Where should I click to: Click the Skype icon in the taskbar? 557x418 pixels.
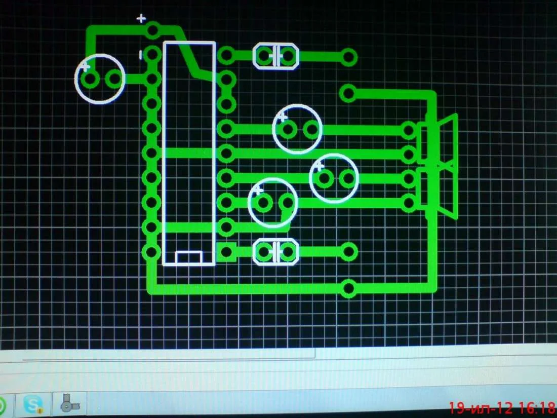pos(34,404)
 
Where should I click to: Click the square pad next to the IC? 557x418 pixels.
pos(226,252)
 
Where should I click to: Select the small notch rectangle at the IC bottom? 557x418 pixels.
pos(189,257)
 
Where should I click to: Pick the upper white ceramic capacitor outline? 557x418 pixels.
pos(275,56)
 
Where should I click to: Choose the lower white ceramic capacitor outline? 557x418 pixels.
pos(275,252)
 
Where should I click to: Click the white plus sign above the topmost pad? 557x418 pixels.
pos(141,19)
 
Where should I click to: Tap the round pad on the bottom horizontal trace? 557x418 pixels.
pos(348,288)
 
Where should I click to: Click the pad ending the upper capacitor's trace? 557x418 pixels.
pos(348,57)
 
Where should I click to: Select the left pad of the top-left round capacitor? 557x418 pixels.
pos(91,79)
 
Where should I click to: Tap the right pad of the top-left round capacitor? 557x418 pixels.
pos(115,79)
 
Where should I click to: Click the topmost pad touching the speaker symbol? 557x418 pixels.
pos(409,130)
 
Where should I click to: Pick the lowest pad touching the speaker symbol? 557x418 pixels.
pos(409,203)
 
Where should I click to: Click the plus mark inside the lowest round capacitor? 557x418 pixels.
pos(258,191)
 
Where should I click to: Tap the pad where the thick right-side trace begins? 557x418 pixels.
pos(348,93)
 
